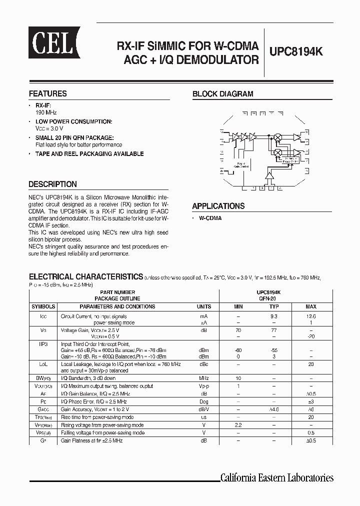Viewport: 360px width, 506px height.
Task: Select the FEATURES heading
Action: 47,93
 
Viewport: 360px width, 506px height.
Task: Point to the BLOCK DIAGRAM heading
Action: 222,93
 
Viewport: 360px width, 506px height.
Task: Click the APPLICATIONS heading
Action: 218,206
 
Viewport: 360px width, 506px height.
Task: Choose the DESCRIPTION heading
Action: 52,184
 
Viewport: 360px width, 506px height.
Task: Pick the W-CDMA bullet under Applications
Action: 210,218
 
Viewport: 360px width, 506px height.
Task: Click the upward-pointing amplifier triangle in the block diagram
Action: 270,174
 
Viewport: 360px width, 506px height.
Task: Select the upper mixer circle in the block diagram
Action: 278,136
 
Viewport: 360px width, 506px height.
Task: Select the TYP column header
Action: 274,306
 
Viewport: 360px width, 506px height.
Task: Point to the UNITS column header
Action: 203,306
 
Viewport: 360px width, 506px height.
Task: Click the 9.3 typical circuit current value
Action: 274,316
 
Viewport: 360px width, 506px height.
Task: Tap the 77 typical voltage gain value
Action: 274,331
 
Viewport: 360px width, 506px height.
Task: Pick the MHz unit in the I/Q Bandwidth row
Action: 203,378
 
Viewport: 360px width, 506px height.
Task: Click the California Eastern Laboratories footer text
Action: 277,477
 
